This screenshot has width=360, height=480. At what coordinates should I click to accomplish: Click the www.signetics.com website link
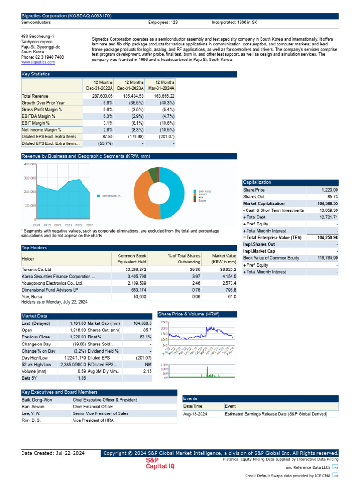pos(38,62)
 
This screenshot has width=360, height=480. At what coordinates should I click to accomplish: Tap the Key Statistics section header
pos(36,74)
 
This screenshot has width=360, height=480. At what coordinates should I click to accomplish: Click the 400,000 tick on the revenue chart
pos(30,165)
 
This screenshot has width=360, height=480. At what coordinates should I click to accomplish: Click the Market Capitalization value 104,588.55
pos(325,204)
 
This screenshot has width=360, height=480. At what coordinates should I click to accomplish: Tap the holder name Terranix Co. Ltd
pos(37,270)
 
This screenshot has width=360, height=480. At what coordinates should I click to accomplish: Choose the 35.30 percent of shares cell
pos(194,270)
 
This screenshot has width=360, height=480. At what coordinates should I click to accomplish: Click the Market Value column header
pos(224,259)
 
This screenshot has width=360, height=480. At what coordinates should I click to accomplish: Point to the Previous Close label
pos(36,337)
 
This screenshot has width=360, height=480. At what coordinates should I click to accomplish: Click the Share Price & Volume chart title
pos(189,314)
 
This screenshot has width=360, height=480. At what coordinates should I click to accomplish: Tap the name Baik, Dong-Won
pos(37,400)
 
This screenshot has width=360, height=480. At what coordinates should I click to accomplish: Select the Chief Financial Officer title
pos(93,407)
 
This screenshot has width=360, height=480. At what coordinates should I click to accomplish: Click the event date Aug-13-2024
pos(195,414)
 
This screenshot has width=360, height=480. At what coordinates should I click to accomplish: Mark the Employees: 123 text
pos(163,22)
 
